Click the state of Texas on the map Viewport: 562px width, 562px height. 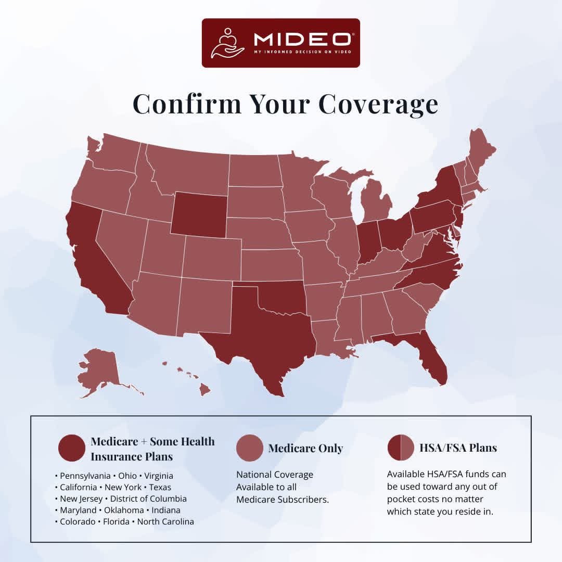click(x=260, y=333)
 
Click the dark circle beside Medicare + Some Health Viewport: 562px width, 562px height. click(x=72, y=448)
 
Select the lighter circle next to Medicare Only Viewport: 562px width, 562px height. click(x=249, y=448)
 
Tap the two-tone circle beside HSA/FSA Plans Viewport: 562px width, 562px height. click(x=401, y=448)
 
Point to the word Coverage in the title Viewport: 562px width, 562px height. click(x=378, y=104)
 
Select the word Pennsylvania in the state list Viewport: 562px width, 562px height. click(x=85, y=476)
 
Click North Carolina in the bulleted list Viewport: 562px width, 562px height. click(x=165, y=521)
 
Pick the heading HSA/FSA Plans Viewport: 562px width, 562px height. click(x=458, y=448)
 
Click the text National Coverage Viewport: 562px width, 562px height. click(x=275, y=475)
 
